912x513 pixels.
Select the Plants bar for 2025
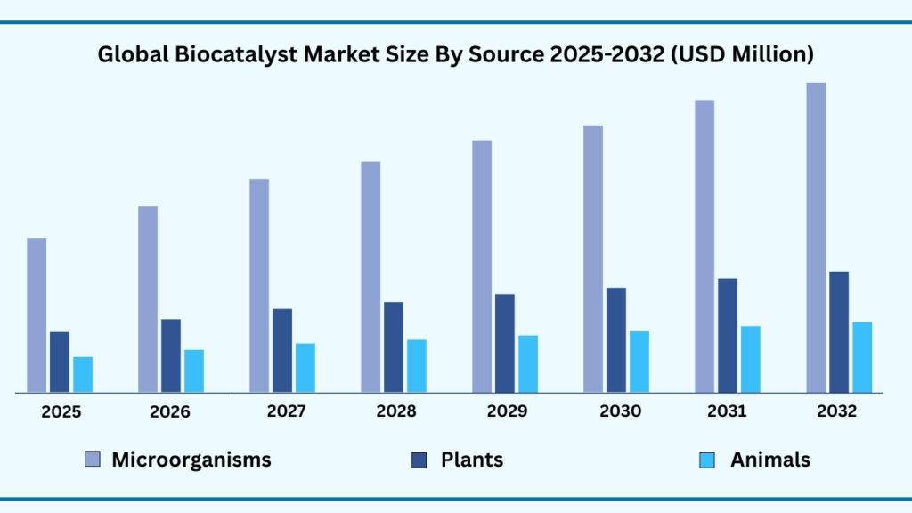(60, 362)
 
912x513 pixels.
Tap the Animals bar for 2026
(194, 370)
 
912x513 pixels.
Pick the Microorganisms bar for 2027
(259, 285)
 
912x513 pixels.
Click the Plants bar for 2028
(394, 346)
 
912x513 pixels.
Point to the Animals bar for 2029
(528, 363)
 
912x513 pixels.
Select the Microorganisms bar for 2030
(593, 258)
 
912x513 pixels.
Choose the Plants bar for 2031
(728, 335)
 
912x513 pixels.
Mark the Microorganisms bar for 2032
(816, 237)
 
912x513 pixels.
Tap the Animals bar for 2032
(862, 356)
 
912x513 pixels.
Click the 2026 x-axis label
(170, 412)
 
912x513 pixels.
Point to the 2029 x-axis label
(506, 411)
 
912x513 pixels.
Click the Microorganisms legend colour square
(93, 460)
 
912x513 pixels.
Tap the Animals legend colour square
(708, 460)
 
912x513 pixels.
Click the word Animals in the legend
(770, 460)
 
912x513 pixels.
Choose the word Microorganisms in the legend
(191, 460)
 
